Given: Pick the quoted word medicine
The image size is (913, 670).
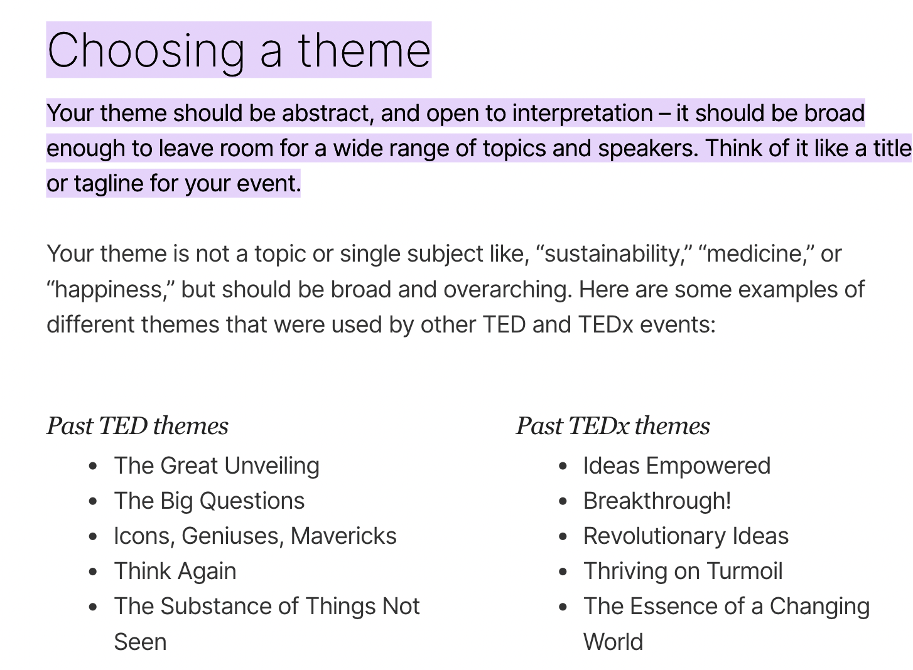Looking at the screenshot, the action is [x=755, y=253].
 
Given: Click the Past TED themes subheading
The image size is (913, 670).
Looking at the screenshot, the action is [x=138, y=426].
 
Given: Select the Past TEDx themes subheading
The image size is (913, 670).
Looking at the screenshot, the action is [x=613, y=426].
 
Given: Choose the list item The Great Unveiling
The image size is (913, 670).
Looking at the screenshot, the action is [x=217, y=466].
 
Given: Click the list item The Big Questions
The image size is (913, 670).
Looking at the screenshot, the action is [x=209, y=501].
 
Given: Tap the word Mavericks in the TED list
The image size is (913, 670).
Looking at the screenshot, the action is [x=343, y=536].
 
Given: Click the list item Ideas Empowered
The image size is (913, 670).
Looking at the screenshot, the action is [x=677, y=465].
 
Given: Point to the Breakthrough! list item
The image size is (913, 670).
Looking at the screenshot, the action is [x=657, y=501].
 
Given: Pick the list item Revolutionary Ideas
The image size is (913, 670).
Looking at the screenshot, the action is [x=686, y=536].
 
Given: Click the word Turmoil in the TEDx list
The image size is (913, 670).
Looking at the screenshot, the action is [x=744, y=571].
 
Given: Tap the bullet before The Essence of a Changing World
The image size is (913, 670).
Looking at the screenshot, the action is [x=563, y=607].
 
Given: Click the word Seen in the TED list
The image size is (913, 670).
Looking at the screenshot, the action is [x=140, y=642].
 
